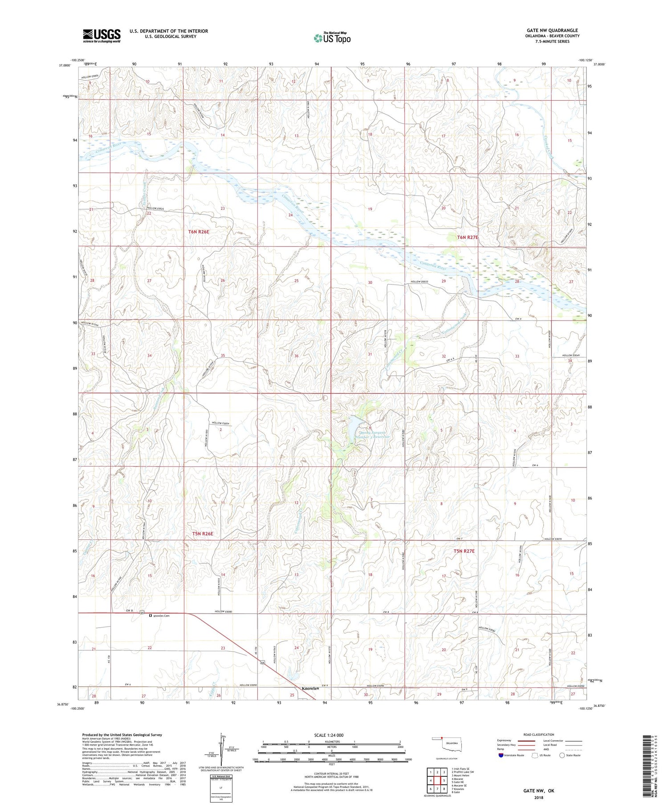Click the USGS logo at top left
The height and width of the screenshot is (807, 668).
pos(102,36)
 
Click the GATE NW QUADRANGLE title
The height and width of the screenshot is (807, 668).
pos(552,30)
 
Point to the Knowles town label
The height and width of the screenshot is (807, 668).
pos(310,688)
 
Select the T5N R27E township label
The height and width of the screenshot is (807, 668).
pos(464,551)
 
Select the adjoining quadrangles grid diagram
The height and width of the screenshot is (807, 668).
pos(437,780)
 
